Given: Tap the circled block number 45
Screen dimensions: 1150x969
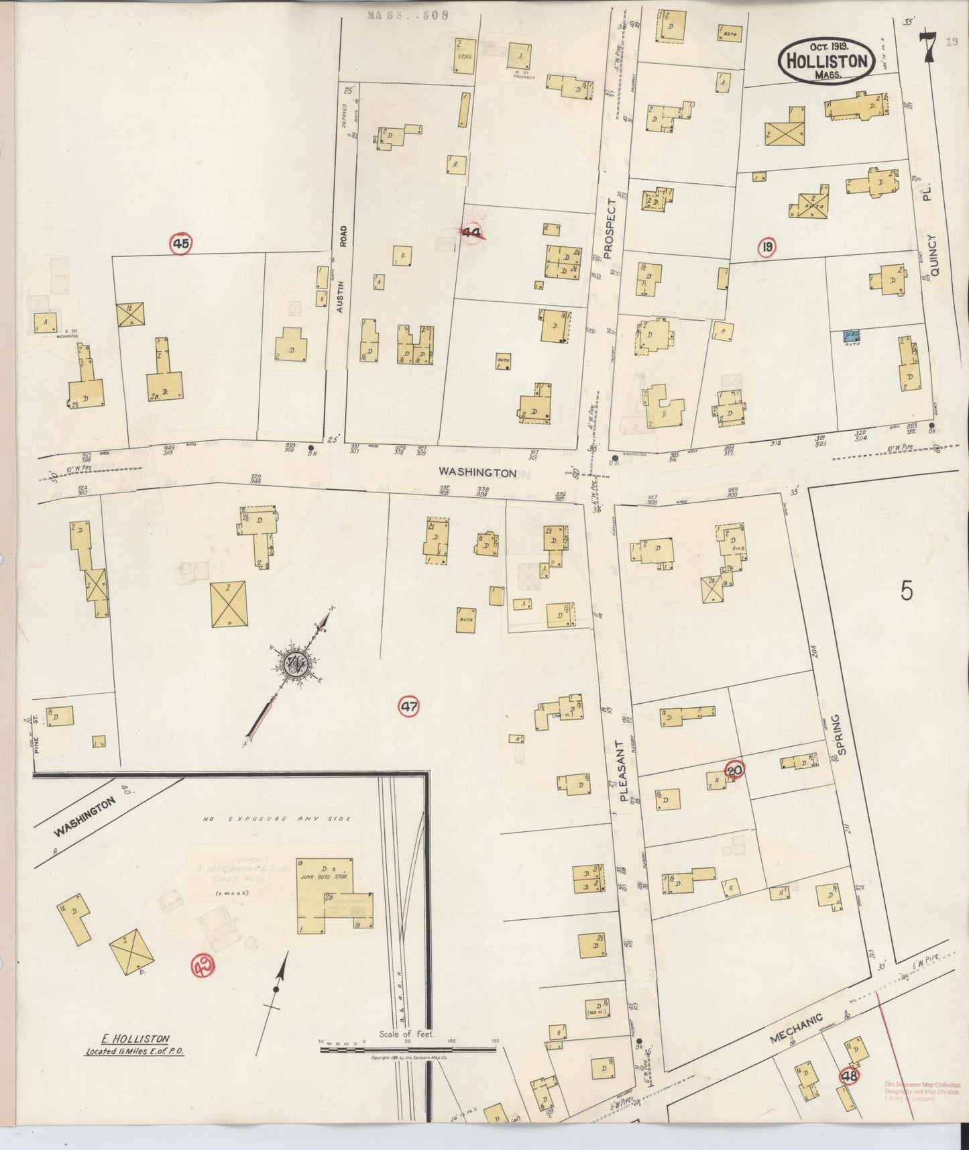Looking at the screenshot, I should pos(180,244).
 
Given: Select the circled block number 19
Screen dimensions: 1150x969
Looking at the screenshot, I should pos(767,249).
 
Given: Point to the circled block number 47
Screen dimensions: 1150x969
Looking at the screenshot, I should pos(410,706).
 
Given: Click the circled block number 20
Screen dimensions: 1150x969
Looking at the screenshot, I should pos(734,770).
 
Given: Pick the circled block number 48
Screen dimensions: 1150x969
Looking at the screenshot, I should pos(850,1076).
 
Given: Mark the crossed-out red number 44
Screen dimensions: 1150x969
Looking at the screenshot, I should pos(473,233).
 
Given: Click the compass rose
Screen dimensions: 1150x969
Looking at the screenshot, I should pos(294,665).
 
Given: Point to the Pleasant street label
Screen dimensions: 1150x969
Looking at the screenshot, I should pos(622,771).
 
